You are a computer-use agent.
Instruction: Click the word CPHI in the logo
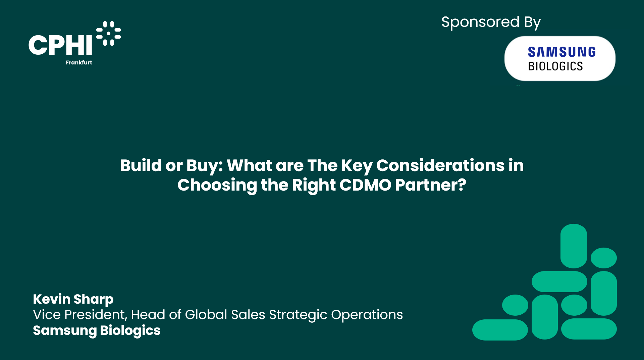pos(60,45)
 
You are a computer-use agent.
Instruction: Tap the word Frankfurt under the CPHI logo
pos(79,62)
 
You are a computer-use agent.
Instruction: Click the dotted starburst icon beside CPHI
pos(108,33)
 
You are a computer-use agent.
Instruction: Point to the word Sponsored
pos(480,22)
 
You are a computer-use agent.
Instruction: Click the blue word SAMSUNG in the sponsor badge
pos(562,52)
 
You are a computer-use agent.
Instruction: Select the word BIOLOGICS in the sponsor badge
pos(555,66)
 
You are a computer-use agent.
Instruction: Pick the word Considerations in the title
pos(440,165)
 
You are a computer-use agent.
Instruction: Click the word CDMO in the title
pos(365,185)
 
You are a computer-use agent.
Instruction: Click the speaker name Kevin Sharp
pos(73,299)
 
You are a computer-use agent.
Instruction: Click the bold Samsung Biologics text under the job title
pos(97,331)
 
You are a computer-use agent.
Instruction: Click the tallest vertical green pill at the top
pos(574,246)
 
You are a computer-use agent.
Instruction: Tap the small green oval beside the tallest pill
pos(604,258)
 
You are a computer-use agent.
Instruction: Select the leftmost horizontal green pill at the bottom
pos(500,330)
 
